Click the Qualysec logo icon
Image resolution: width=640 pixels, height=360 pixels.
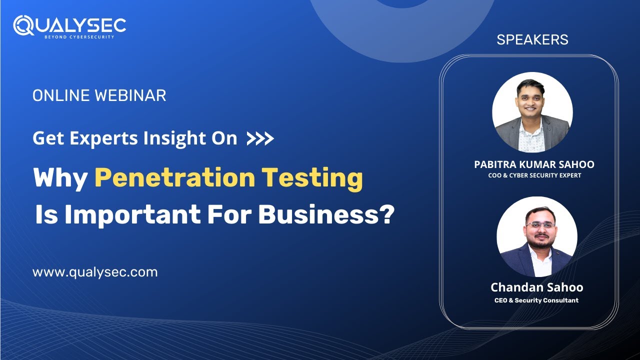coord(23,25)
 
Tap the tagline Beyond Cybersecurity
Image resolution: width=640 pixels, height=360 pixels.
coord(79,37)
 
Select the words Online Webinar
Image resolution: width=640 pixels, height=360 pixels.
coord(99,95)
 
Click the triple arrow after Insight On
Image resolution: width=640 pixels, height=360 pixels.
coord(260,138)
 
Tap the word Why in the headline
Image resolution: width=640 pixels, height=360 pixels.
coord(60,178)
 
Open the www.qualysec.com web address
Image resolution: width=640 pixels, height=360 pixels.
coord(95,272)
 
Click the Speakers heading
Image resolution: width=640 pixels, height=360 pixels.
coord(532,40)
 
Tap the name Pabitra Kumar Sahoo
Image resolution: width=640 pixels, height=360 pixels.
coord(534,164)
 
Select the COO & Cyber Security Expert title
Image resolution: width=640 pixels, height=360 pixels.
coord(534,175)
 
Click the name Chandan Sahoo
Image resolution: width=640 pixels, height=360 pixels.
coord(536,287)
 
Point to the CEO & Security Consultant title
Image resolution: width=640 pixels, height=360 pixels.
coord(536,300)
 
